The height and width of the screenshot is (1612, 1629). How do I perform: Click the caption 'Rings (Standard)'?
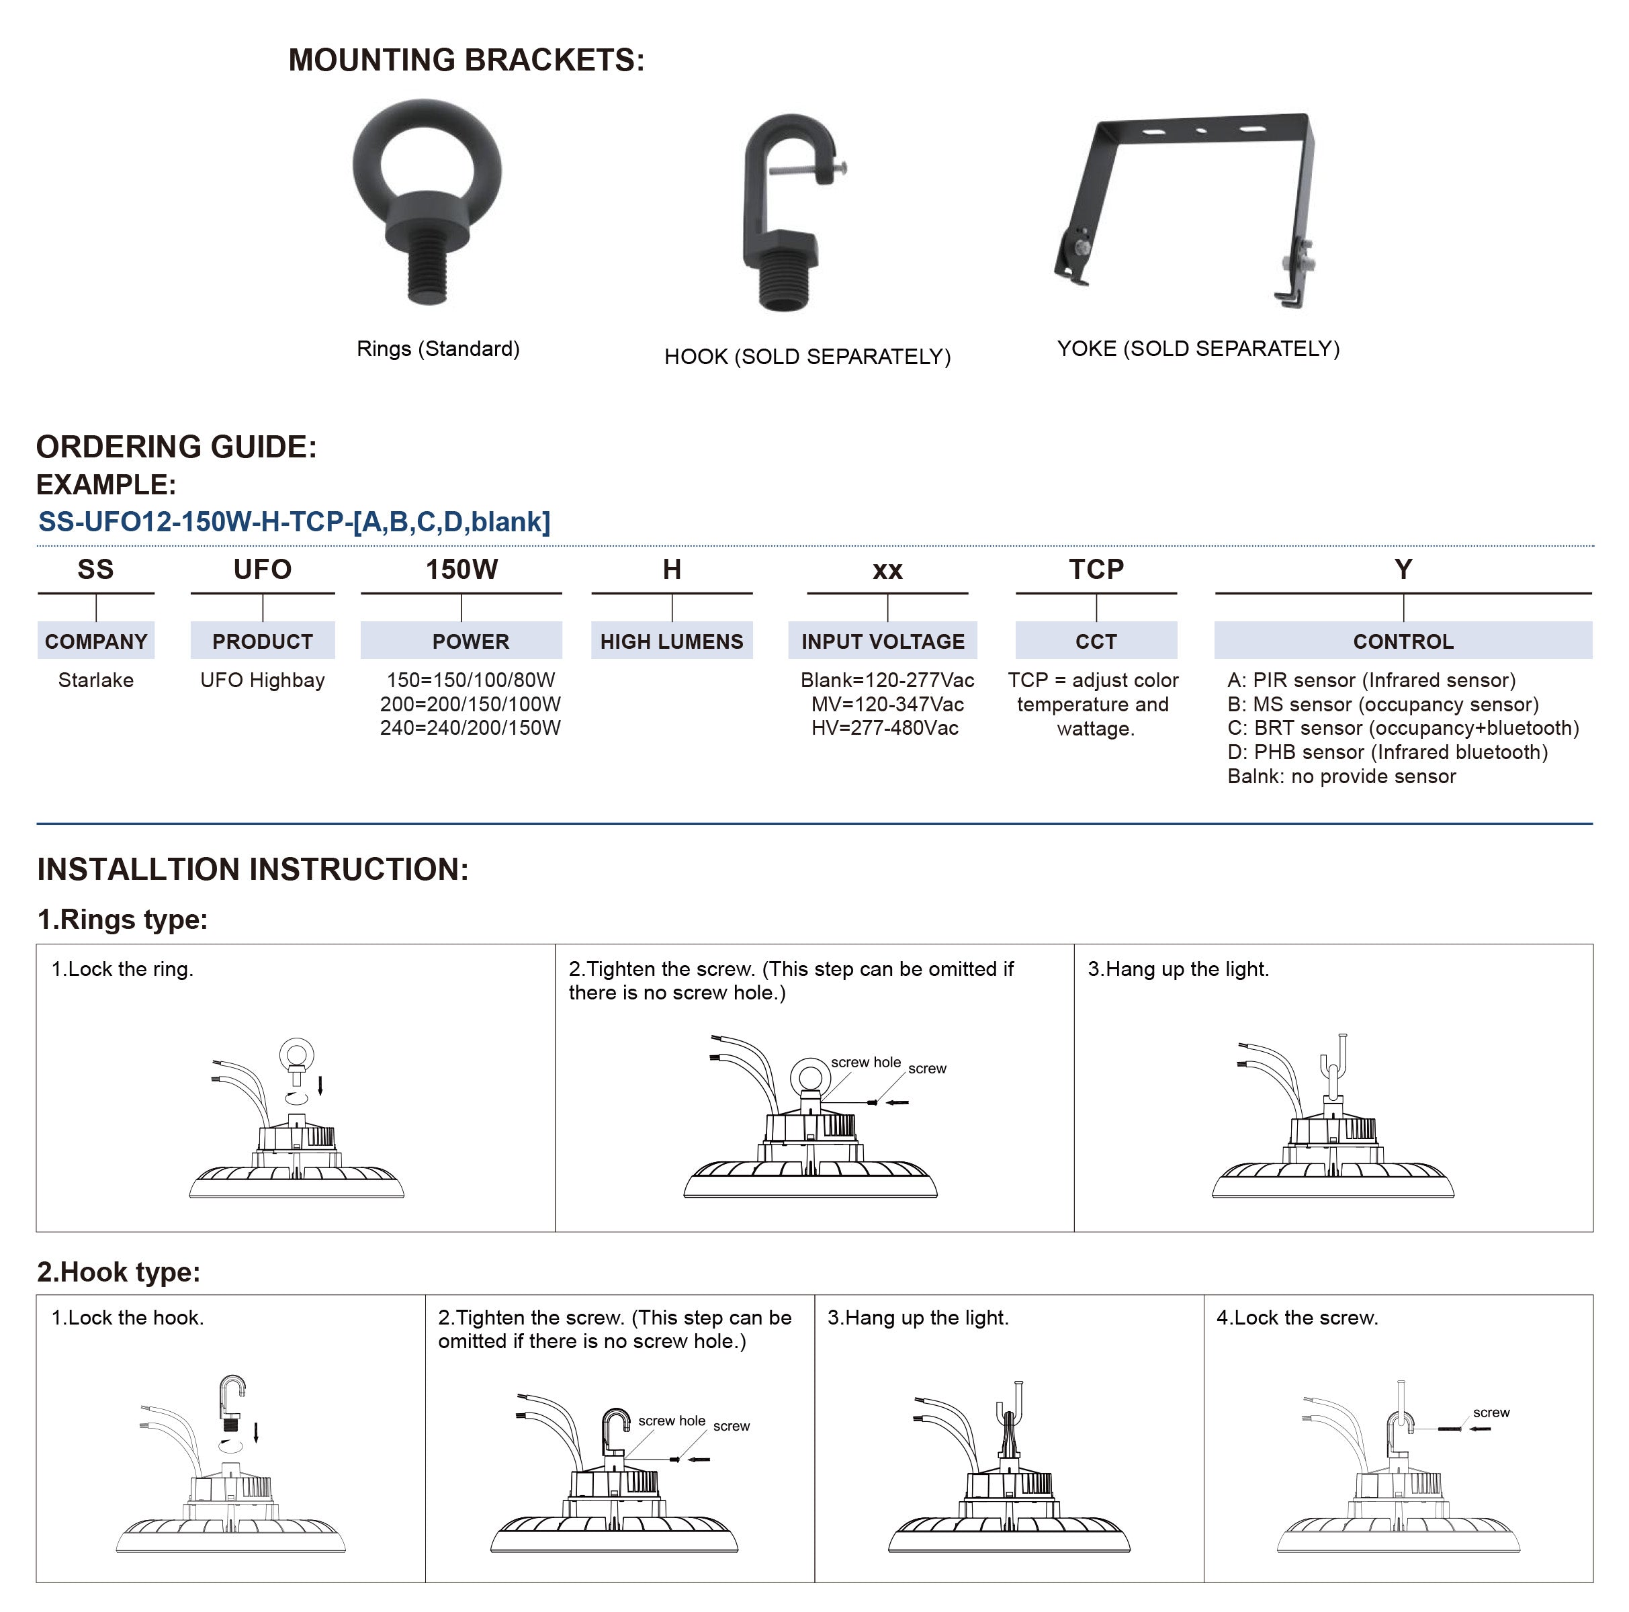(437, 349)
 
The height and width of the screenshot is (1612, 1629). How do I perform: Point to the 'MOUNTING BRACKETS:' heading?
(466, 60)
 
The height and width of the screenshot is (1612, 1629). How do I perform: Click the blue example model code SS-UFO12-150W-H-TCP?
(294, 522)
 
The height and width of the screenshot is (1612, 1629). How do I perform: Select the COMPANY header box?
(96, 641)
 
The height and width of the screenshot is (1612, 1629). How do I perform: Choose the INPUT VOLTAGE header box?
(883, 641)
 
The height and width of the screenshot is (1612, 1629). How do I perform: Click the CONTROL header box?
(1403, 641)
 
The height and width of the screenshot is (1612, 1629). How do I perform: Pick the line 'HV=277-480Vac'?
(885, 729)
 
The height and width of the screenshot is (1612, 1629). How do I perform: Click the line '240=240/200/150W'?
(470, 729)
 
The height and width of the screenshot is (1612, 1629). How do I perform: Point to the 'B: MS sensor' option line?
(1382, 705)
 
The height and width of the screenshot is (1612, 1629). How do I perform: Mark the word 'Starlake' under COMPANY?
(96, 680)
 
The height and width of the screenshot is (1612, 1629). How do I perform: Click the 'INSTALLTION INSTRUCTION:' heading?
(253, 869)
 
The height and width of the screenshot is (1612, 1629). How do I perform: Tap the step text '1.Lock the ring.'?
(122, 970)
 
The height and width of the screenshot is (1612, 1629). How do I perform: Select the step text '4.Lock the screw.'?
(1296, 1318)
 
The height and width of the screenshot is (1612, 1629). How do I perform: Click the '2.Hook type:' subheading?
(119, 1271)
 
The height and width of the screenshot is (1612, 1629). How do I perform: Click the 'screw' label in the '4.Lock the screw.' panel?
(1491, 1413)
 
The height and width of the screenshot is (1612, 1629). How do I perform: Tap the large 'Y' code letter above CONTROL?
(1403, 570)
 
